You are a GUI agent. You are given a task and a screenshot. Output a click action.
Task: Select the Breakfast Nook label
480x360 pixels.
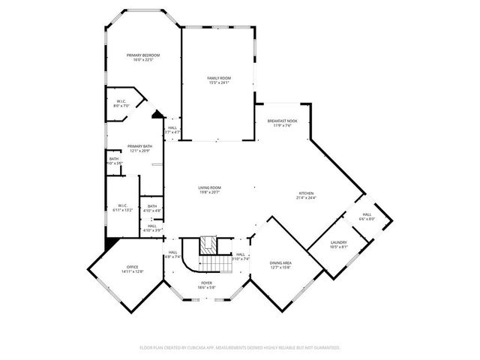click(x=281, y=122)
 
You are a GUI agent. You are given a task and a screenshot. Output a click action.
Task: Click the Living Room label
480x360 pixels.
click(x=209, y=187)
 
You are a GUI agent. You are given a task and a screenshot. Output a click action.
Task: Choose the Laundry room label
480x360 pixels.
click(x=337, y=242)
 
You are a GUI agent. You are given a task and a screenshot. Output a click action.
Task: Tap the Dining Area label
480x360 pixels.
click(x=280, y=262)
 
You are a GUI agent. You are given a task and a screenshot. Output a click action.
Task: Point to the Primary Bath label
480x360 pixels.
click(x=139, y=146)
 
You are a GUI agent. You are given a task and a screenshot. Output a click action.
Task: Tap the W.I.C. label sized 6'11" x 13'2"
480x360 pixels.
click(x=123, y=205)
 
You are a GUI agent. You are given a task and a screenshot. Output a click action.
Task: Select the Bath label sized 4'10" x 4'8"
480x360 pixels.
click(x=152, y=206)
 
